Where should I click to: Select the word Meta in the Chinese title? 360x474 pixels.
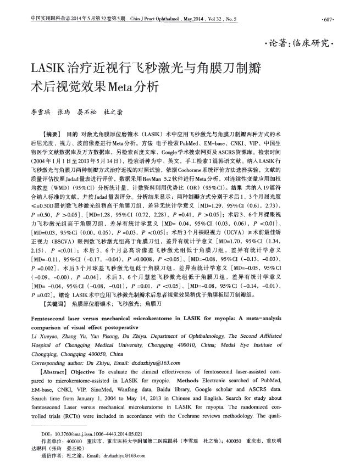tap(127, 87)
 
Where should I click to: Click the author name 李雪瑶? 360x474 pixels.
tap(40, 112)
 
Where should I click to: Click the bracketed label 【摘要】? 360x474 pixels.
tap(54, 133)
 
